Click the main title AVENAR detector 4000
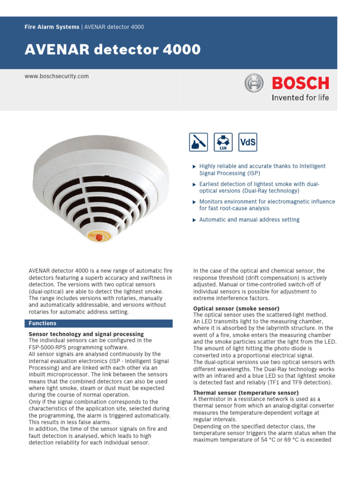(112, 49)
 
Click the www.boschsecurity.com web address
(56, 76)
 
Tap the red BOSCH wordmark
(300, 84)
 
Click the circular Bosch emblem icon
(254, 84)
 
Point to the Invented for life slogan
(300, 97)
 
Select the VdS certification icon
(248, 142)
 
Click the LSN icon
(223, 142)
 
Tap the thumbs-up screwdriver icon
(198, 142)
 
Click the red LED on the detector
(99, 238)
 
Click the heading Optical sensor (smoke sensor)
(236, 308)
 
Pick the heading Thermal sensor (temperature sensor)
(246, 393)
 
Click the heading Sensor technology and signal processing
(86, 334)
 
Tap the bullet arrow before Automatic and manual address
(195, 220)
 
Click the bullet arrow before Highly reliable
(195, 166)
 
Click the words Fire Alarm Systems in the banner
(52, 27)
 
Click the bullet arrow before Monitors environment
(195, 202)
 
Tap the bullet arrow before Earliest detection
(195, 184)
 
